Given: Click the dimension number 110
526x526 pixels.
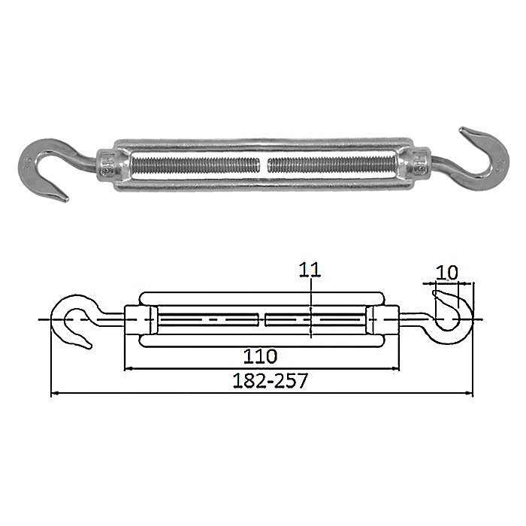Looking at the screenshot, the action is (260, 356).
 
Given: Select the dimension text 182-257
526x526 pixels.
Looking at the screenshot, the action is (270, 381).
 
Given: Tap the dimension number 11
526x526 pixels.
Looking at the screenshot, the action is (310, 271).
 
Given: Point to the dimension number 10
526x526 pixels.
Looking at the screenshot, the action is (446, 273).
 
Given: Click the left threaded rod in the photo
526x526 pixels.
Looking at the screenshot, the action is (196, 165).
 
